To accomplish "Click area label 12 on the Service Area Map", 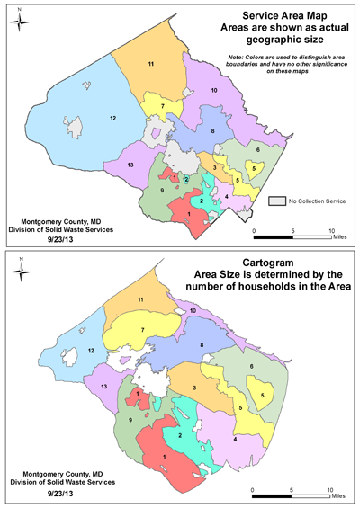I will (x=112, y=118).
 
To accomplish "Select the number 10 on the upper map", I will (x=214, y=91).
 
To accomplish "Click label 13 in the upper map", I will (x=130, y=165).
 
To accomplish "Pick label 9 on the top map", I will (x=162, y=190).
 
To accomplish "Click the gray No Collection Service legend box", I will (x=278, y=200).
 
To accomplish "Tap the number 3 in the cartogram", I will (x=195, y=388).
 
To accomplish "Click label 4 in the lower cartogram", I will (x=235, y=439).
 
